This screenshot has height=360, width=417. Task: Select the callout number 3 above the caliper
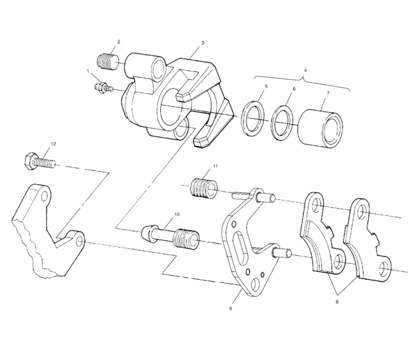click(x=202, y=42)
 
